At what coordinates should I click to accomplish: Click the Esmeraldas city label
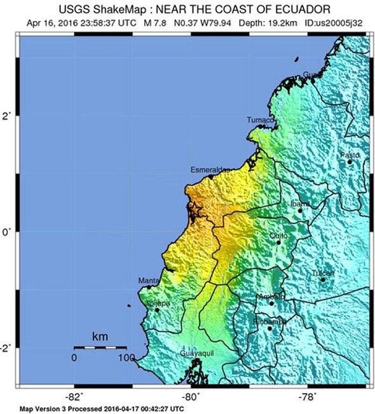(x=210, y=170)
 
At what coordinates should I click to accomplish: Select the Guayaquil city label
(x=197, y=351)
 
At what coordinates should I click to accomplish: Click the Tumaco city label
(x=261, y=120)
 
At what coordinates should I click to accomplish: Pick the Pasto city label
(x=350, y=155)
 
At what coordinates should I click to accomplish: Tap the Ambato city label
(x=270, y=297)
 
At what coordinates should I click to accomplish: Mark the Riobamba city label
(x=271, y=322)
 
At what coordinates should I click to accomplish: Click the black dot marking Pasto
(x=350, y=162)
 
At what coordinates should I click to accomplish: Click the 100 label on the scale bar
(x=125, y=358)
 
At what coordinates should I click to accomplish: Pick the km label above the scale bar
(x=99, y=336)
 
